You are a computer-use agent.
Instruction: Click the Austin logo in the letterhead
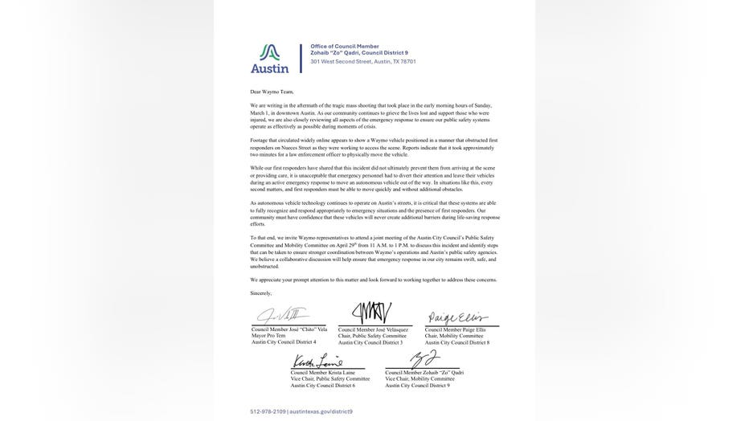(269, 58)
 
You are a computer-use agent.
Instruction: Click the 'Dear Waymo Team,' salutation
(272, 92)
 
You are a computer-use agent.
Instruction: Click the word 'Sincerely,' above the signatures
(261, 293)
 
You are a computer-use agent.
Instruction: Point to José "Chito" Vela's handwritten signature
(277, 316)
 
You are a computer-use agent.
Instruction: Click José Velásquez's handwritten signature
(371, 313)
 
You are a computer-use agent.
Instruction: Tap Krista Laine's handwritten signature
(317, 362)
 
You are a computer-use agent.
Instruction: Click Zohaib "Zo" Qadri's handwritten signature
(424, 360)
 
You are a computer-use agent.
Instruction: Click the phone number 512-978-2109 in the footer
(268, 411)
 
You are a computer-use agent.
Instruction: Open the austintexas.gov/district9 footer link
(321, 411)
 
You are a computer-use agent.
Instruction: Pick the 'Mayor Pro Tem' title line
(270, 336)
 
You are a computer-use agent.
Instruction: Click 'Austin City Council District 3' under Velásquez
(370, 342)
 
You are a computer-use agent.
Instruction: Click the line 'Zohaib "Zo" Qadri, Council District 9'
(359, 53)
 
